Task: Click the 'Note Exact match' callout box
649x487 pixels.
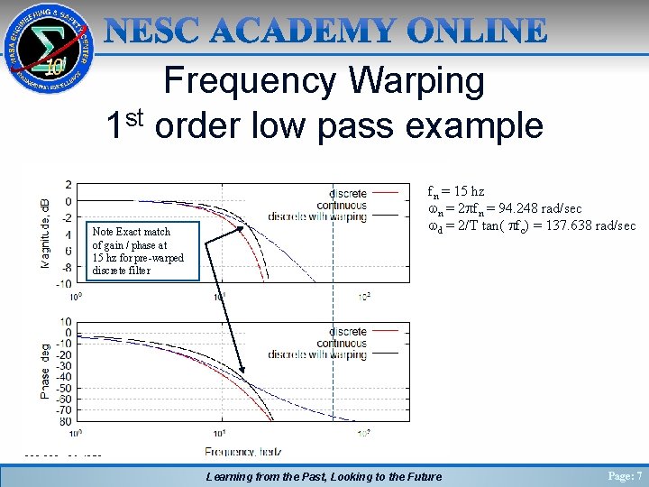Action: (139, 252)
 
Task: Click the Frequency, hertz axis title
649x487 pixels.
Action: (242, 451)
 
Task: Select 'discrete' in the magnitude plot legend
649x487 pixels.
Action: (348, 193)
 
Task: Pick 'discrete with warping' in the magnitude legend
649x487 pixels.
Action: (318, 216)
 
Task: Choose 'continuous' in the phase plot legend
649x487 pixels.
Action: (342, 344)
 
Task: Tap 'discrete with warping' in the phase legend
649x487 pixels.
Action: (318, 355)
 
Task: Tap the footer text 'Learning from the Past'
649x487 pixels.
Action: (270, 476)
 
